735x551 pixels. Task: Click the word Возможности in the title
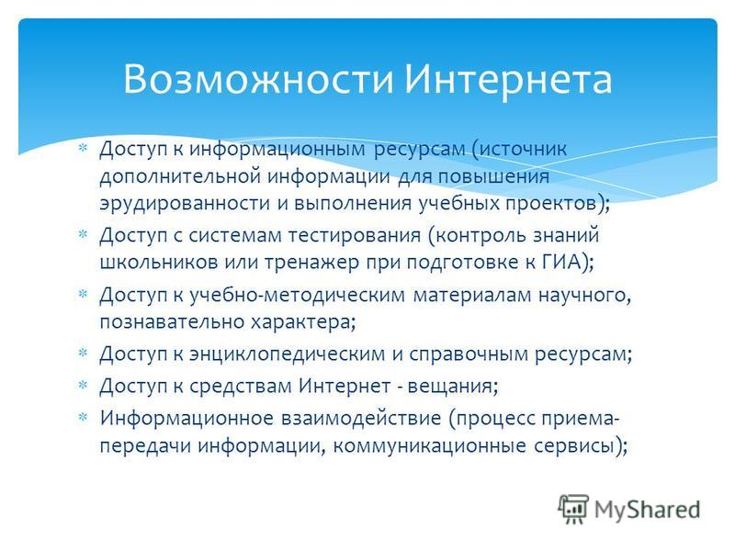click(258, 78)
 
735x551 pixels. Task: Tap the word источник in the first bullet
click(523, 149)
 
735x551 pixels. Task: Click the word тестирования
click(354, 235)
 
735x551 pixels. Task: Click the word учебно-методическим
click(297, 295)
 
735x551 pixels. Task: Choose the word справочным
click(469, 354)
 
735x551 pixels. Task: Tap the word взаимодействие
click(361, 419)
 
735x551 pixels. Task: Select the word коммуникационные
click(429, 445)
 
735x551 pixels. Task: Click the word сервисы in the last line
click(574, 445)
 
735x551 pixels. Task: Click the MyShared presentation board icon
click(572, 509)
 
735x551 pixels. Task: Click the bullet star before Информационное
click(83, 417)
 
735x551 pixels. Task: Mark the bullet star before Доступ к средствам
click(83, 385)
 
